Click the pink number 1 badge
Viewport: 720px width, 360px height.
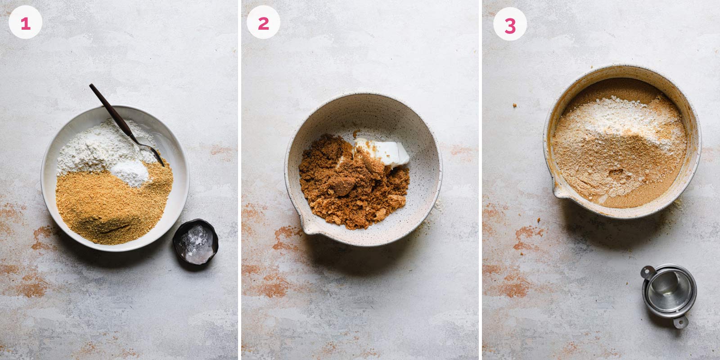point(25,23)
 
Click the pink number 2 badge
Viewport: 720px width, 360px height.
point(263,23)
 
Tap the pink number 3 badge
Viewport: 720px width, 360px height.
point(510,26)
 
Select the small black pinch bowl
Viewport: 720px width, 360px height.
point(195,243)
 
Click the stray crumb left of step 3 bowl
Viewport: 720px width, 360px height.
point(514,105)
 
